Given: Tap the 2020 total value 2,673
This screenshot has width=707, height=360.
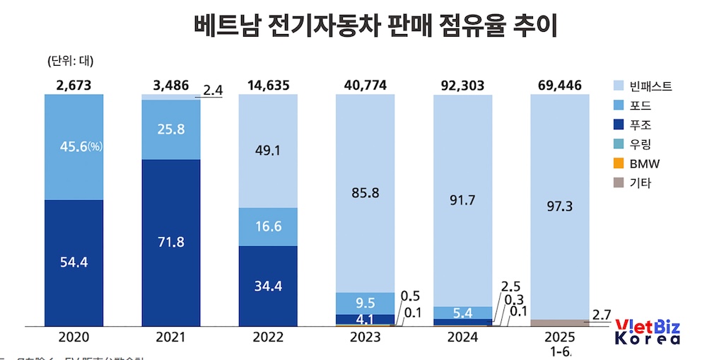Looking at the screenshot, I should pos(74,86).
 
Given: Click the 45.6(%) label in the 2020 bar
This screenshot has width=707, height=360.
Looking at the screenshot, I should pos(74,148).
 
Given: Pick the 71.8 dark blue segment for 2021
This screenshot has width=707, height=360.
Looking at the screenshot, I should pos(170,243).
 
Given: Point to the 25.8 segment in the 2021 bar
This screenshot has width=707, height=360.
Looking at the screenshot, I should pos(170,129).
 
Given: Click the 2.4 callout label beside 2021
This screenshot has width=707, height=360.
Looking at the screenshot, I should pos(213,90).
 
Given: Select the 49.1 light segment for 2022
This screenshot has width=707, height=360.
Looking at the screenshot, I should pos(268,150).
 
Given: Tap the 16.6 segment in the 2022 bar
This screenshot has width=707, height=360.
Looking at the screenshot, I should pos(268,227).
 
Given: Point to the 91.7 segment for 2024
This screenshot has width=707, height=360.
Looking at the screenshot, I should pos(462,200).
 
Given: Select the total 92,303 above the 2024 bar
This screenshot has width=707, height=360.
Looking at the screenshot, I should pos(462,86).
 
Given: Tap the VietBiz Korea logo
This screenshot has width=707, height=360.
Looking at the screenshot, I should pos(648,332).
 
